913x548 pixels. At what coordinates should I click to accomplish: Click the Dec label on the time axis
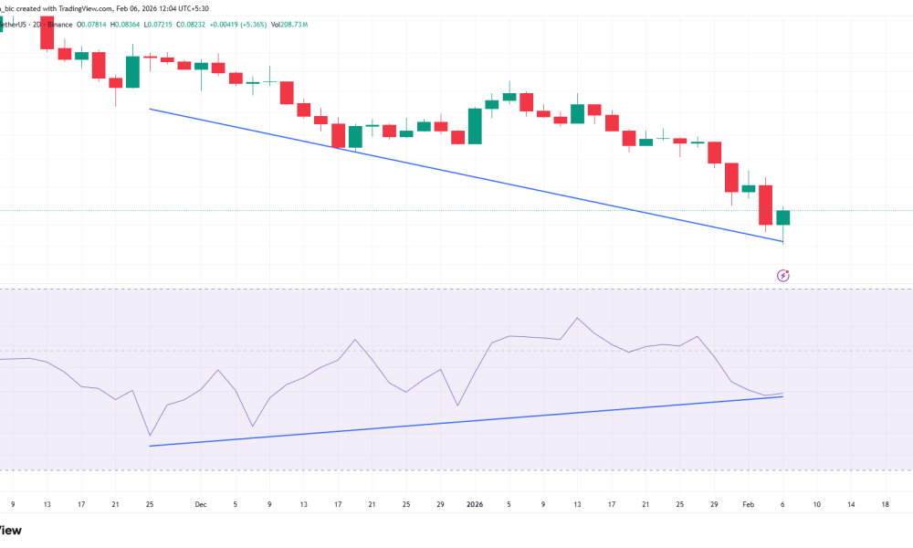[200, 503]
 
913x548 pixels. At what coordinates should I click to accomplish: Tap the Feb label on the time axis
[748, 503]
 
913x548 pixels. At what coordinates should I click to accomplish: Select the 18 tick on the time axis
[885, 503]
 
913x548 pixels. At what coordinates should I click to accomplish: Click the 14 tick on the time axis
[851, 503]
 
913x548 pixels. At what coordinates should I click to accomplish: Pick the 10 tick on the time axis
[816, 503]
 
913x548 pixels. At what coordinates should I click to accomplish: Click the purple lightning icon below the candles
[782, 275]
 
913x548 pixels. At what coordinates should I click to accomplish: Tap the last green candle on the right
[782, 217]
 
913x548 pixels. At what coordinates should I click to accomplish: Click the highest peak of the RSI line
[577, 318]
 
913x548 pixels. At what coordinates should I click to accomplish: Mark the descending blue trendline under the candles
[456, 174]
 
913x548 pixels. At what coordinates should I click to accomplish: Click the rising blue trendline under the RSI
[456, 423]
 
